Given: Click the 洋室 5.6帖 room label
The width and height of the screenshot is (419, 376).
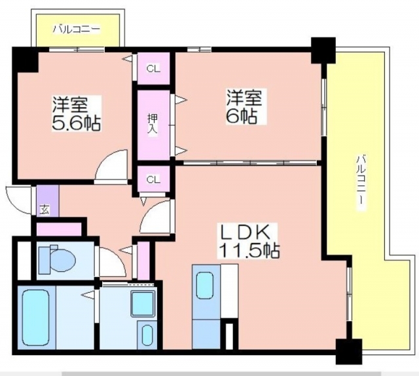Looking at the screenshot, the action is pos(76,113).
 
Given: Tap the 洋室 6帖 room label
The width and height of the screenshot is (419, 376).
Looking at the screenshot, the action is pos(244,107).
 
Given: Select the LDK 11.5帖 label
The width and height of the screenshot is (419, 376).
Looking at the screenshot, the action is pos(249,240).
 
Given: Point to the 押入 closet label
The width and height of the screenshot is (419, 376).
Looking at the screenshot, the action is pos(153,125).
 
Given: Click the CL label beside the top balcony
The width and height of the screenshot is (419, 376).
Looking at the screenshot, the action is pos(153,69).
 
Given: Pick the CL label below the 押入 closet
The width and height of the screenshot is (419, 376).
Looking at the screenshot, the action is pos(153,179).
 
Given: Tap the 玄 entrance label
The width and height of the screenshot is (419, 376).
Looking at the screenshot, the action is pos(45,210).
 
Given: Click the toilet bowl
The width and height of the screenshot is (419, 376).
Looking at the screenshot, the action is pos(63,259).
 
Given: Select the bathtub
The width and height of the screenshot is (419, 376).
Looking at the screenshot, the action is pos(36,318).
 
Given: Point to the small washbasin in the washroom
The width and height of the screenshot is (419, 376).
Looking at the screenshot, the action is pos(147,335).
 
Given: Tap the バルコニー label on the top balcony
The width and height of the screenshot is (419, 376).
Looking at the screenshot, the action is pos(76,29).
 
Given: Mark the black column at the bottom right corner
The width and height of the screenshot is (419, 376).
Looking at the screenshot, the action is pos(349,351).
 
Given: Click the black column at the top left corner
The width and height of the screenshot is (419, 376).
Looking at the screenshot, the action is pos(26,60).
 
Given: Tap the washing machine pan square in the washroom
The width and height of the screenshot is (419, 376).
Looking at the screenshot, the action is pos(143,304).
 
